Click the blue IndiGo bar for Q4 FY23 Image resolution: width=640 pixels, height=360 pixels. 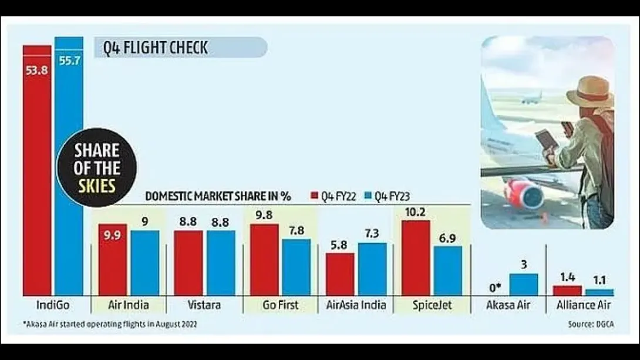pos(69,166)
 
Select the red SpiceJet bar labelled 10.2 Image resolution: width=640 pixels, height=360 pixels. pos(416,258)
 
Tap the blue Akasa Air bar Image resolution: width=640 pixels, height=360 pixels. pos(524,284)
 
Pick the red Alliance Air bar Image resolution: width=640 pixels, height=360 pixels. pos(567,291)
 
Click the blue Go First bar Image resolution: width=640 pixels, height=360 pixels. pos(297,267)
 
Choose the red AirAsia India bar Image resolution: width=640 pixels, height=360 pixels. pos(340,274)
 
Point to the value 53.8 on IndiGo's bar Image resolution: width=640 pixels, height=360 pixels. pos(37,70)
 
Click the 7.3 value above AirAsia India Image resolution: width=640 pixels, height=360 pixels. pos(372,234)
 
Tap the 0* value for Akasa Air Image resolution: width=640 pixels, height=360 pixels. pos(495,288)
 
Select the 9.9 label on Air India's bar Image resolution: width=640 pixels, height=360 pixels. pos(112,235)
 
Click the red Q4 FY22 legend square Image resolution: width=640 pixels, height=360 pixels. pos(314,196)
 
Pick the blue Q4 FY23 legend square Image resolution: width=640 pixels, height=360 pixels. pos(368,196)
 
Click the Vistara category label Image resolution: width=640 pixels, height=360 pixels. pos(204,305)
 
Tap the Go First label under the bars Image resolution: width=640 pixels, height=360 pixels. pos(281,305)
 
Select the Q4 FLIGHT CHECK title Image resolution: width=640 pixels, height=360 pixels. pos(156,48)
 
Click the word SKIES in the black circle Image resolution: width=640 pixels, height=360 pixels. pos(97,186)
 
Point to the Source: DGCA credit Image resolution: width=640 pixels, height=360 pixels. pos(591,324)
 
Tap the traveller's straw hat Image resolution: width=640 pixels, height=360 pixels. pos(590,92)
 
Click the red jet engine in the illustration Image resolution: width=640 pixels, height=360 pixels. pos(524,193)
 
